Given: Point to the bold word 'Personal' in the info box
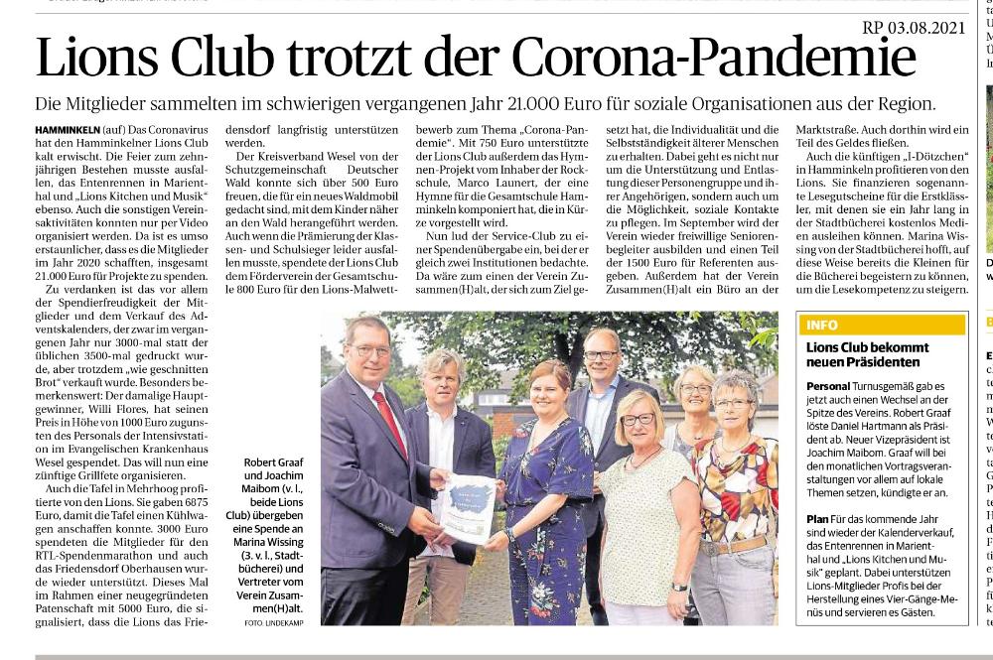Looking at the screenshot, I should pos(828,386).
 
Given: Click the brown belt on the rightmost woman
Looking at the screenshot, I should pos(734,545).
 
